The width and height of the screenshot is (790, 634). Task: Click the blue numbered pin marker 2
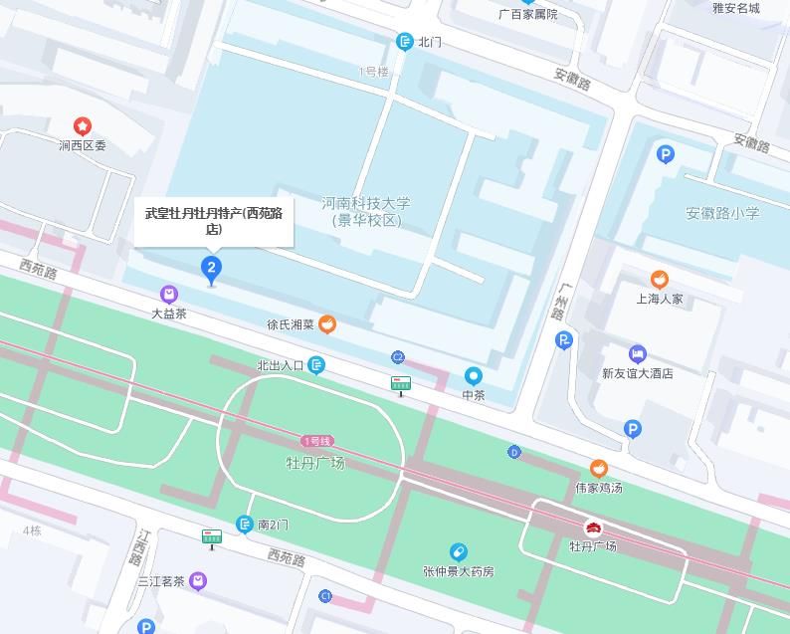[211, 267]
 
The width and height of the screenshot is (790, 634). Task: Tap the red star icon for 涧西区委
[83, 125]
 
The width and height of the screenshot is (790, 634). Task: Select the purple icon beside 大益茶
[169, 294]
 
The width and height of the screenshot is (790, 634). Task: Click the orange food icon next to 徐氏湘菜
[327, 323]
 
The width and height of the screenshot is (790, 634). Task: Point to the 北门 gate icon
[404, 42]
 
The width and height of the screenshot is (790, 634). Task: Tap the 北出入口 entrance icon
[317, 365]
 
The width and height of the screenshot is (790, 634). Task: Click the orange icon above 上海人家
[659, 279]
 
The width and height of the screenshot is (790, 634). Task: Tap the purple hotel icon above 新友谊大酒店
[638, 354]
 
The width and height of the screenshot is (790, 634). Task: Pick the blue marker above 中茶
[474, 376]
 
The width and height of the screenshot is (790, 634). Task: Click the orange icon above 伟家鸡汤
[598, 468]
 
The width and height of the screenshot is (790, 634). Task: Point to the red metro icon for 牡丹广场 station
[593, 527]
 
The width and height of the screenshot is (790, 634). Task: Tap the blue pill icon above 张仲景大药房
[458, 551]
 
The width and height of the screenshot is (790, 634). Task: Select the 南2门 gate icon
[245, 525]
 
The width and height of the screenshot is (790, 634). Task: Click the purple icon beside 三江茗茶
[199, 580]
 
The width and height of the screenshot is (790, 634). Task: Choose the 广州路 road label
[562, 301]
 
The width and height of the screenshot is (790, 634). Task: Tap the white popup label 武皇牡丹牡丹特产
[214, 221]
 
